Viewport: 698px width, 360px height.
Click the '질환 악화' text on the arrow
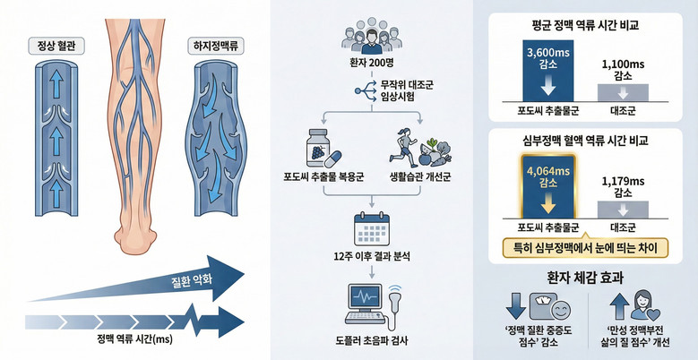coord(192,282)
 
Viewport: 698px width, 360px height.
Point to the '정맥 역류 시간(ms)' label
coord(134,341)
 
